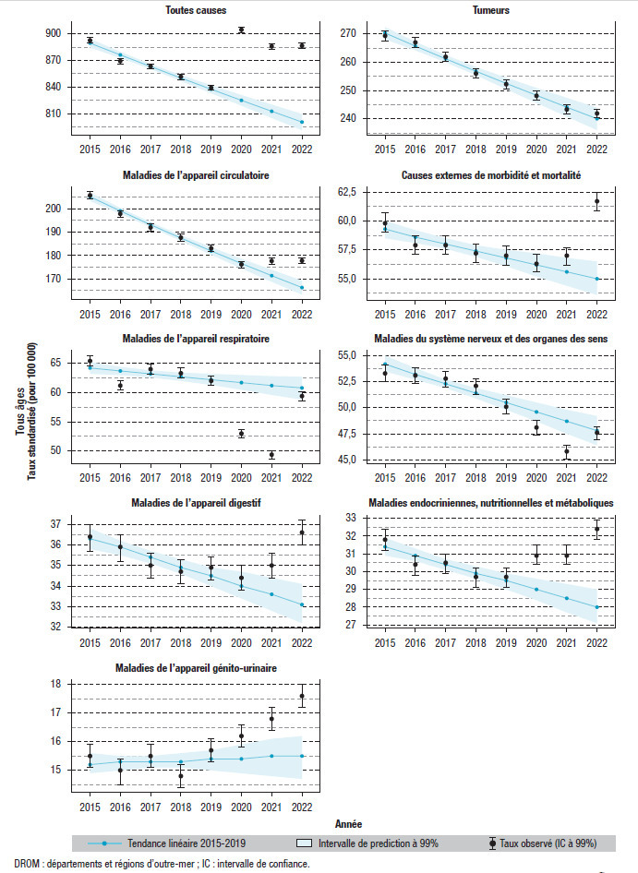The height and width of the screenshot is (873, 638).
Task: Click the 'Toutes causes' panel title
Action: point(196,10)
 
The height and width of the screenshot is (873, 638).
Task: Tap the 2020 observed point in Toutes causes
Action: point(241,30)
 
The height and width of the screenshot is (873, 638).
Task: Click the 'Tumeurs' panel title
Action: point(491,10)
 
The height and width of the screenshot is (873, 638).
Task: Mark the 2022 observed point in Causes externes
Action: point(596,201)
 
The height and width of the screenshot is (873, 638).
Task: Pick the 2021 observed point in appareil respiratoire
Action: point(271,455)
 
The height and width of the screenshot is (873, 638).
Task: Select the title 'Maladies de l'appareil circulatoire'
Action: point(196,175)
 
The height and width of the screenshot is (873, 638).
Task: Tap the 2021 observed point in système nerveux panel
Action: point(567,452)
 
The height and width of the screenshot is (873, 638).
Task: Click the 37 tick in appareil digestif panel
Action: point(54,524)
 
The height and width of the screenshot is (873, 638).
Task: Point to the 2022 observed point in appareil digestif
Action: point(302,532)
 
